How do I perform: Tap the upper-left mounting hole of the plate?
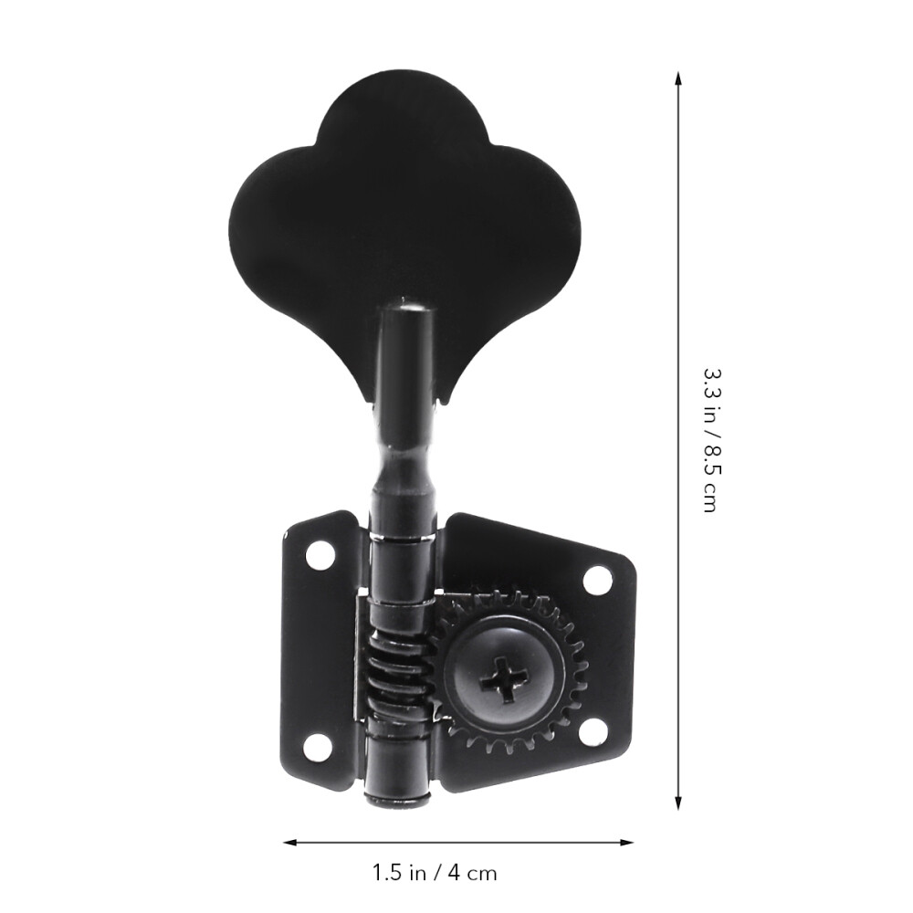320,553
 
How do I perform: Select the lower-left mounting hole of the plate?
316,746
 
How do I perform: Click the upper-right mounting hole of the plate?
595,578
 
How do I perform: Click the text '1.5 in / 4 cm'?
436,873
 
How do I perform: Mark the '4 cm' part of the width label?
472,873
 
